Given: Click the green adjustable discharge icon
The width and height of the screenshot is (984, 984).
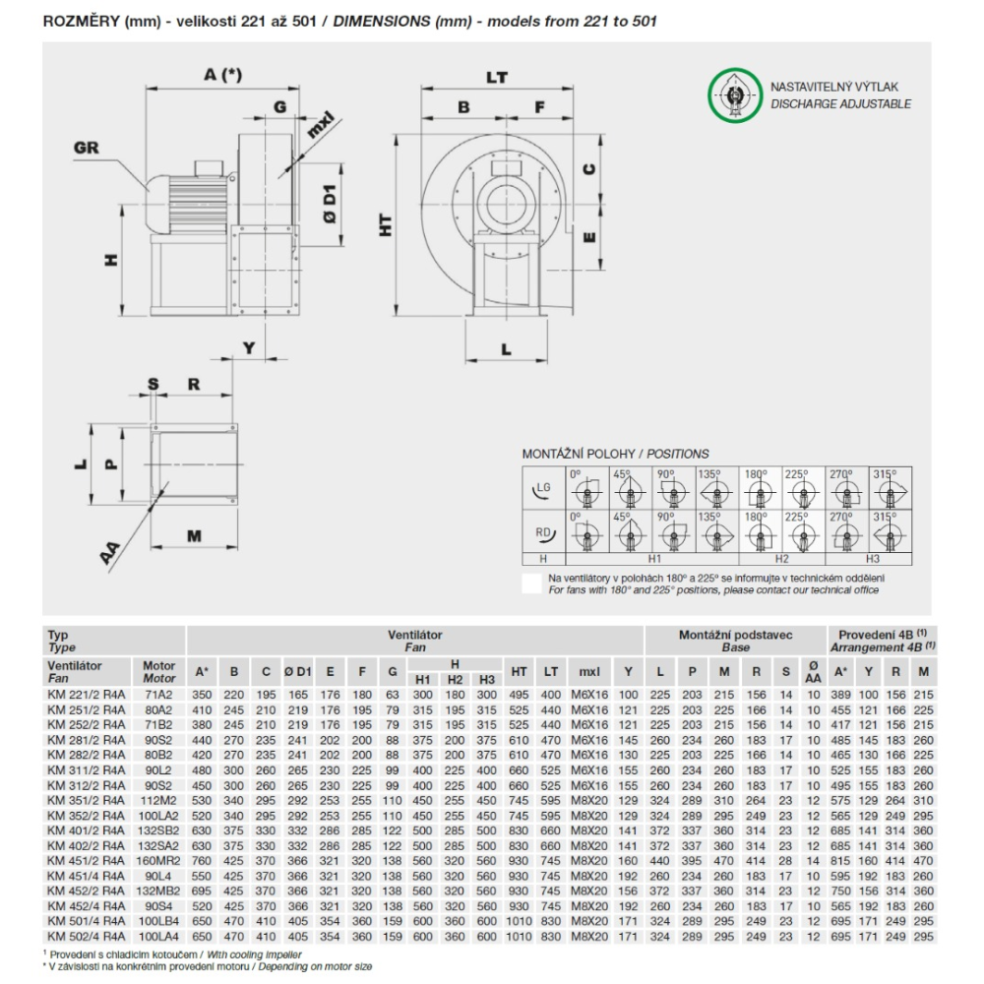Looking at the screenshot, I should (x=734, y=95).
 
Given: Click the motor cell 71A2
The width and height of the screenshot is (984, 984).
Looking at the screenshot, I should (x=158, y=696).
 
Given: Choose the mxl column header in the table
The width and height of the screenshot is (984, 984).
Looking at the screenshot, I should (x=588, y=672).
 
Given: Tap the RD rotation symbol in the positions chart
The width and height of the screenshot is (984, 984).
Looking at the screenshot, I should (x=542, y=533).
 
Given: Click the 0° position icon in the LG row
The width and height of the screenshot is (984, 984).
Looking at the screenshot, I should (x=586, y=489).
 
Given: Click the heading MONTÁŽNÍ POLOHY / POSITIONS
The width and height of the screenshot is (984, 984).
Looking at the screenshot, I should (x=615, y=454).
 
